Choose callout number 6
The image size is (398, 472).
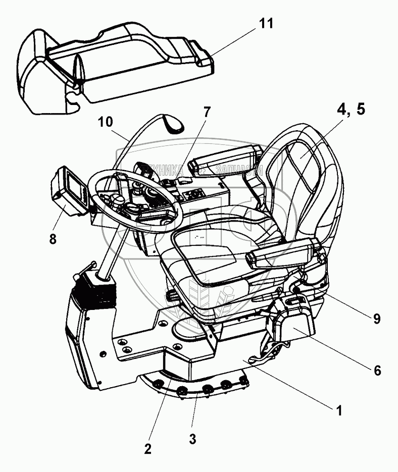coord(377,370)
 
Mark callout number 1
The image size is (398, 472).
coord(340,410)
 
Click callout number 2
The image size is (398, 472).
coord(147,448)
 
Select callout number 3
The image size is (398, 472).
coord(192,439)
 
